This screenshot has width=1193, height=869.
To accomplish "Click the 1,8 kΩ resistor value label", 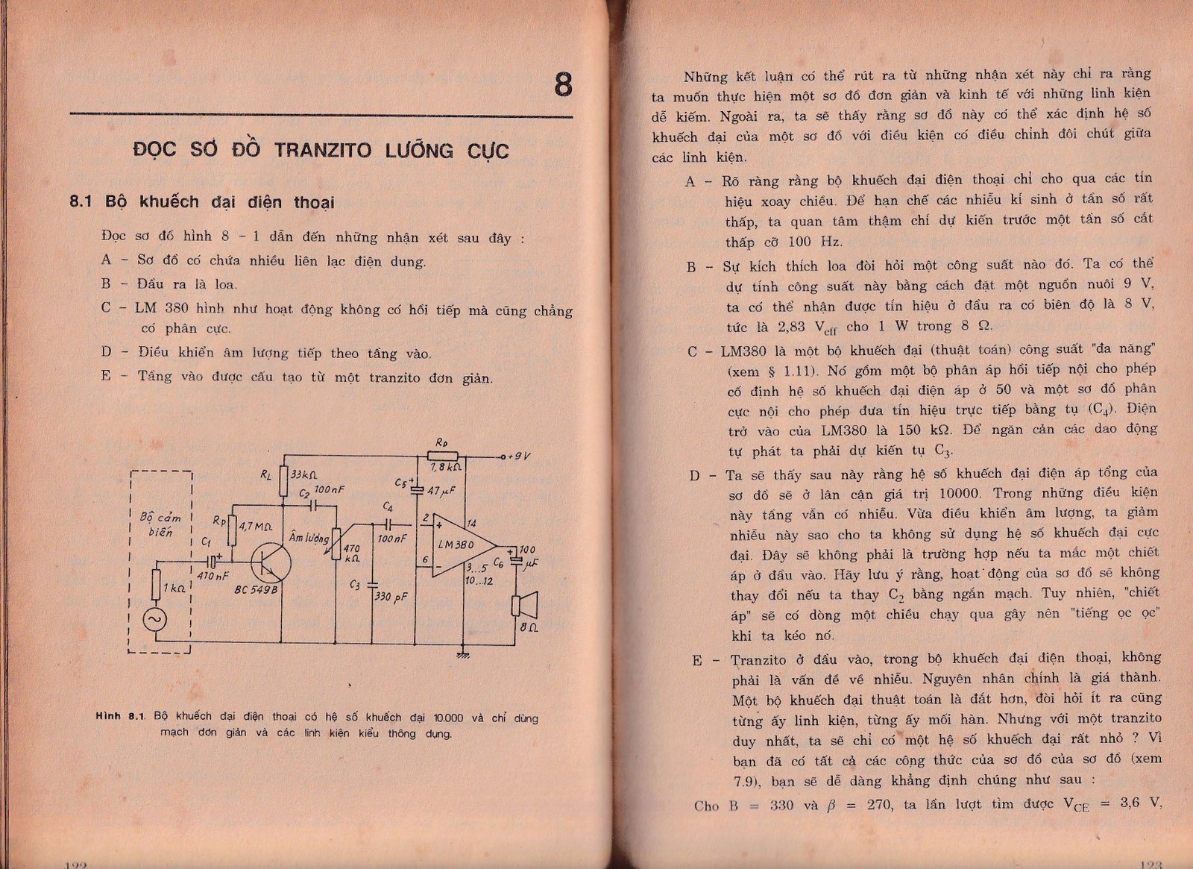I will pyautogui.click(x=446, y=467).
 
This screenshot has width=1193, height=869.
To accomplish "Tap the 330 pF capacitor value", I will pyautogui.click(x=391, y=597).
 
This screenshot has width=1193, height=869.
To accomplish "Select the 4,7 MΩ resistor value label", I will pyautogui.click(x=256, y=526).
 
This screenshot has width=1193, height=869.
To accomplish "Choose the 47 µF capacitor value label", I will pyautogui.click(x=441, y=491).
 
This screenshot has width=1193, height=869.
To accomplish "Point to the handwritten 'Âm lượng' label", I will pyautogui.click(x=308, y=537).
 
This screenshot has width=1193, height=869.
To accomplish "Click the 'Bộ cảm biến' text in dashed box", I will pyautogui.click(x=160, y=524).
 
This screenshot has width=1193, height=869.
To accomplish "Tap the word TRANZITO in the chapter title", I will pyautogui.click(x=322, y=150).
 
